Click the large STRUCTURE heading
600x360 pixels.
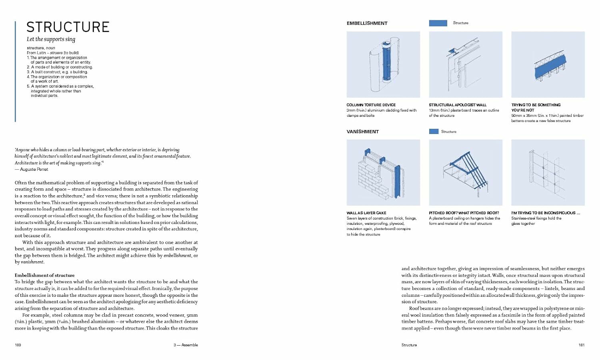point(68,27)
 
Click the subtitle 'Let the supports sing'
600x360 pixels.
point(51,39)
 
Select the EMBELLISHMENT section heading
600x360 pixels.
point(367,23)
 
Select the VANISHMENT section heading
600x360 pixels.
point(362,132)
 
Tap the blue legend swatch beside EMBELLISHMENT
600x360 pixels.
point(438,23)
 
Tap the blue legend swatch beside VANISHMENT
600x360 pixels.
point(434,132)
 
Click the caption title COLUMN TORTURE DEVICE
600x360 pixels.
point(371,105)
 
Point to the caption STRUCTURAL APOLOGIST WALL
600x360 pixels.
point(458,105)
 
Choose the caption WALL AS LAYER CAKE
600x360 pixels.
point(366,213)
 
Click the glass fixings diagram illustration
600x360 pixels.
point(548,172)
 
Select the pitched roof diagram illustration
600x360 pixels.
point(466,172)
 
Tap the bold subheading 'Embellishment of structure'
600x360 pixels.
point(44,275)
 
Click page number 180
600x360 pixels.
point(18,345)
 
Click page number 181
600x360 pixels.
point(581,345)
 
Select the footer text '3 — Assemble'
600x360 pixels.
point(186,345)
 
